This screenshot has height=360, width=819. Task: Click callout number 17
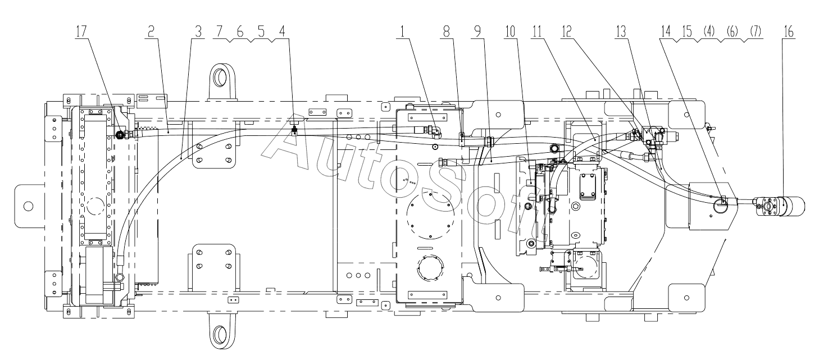click(x=81, y=31)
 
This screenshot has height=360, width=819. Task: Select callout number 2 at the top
click(x=151, y=31)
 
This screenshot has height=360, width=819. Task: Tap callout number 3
click(x=198, y=31)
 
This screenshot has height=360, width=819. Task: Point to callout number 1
click(x=402, y=31)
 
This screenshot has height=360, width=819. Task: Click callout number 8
click(x=447, y=31)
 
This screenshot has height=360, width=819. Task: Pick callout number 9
click(x=478, y=31)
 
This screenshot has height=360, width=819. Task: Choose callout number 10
click(x=509, y=31)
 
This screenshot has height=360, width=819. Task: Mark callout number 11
click(x=537, y=31)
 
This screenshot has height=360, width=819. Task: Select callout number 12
click(x=566, y=31)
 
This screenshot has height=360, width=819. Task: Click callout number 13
click(x=621, y=31)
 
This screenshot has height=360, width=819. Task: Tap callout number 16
click(x=789, y=31)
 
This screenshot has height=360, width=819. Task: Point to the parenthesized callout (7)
click(x=755, y=31)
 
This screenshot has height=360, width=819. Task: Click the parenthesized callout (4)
click(x=708, y=31)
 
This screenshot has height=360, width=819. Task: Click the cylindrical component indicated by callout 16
click(x=793, y=207)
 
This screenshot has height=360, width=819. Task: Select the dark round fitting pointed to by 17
click(x=120, y=135)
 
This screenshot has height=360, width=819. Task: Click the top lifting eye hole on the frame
click(x=220, y=76)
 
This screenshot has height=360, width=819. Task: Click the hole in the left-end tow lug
click(x=28, y=206)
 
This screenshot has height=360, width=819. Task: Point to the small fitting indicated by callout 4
click(x=294, y=129)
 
